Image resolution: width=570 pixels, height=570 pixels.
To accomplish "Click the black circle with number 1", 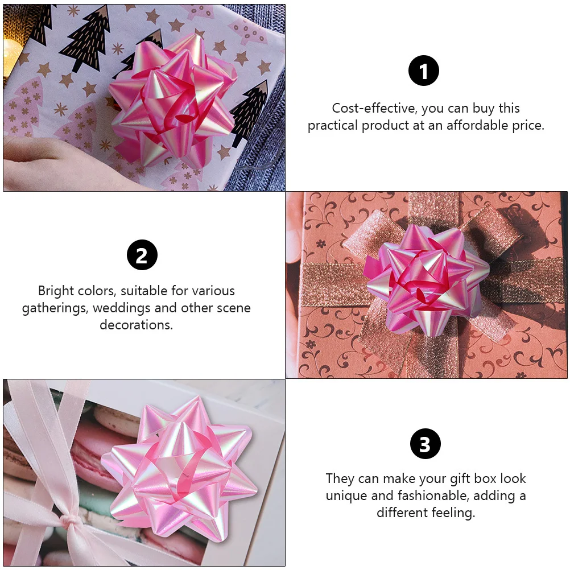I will click(x=424, y=71).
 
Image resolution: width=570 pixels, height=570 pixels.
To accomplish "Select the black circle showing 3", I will click(x=426, y=444).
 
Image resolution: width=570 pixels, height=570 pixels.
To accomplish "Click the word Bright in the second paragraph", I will click(x=56, y=291).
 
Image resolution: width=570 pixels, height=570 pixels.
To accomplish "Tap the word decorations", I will click(x=136, y=325).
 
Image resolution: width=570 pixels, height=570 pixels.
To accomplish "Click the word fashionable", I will click(x=416, y=495).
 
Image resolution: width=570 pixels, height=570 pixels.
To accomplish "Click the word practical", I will click(x=333, y=125).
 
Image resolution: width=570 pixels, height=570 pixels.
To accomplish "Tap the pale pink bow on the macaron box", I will click(x=179, y=472).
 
